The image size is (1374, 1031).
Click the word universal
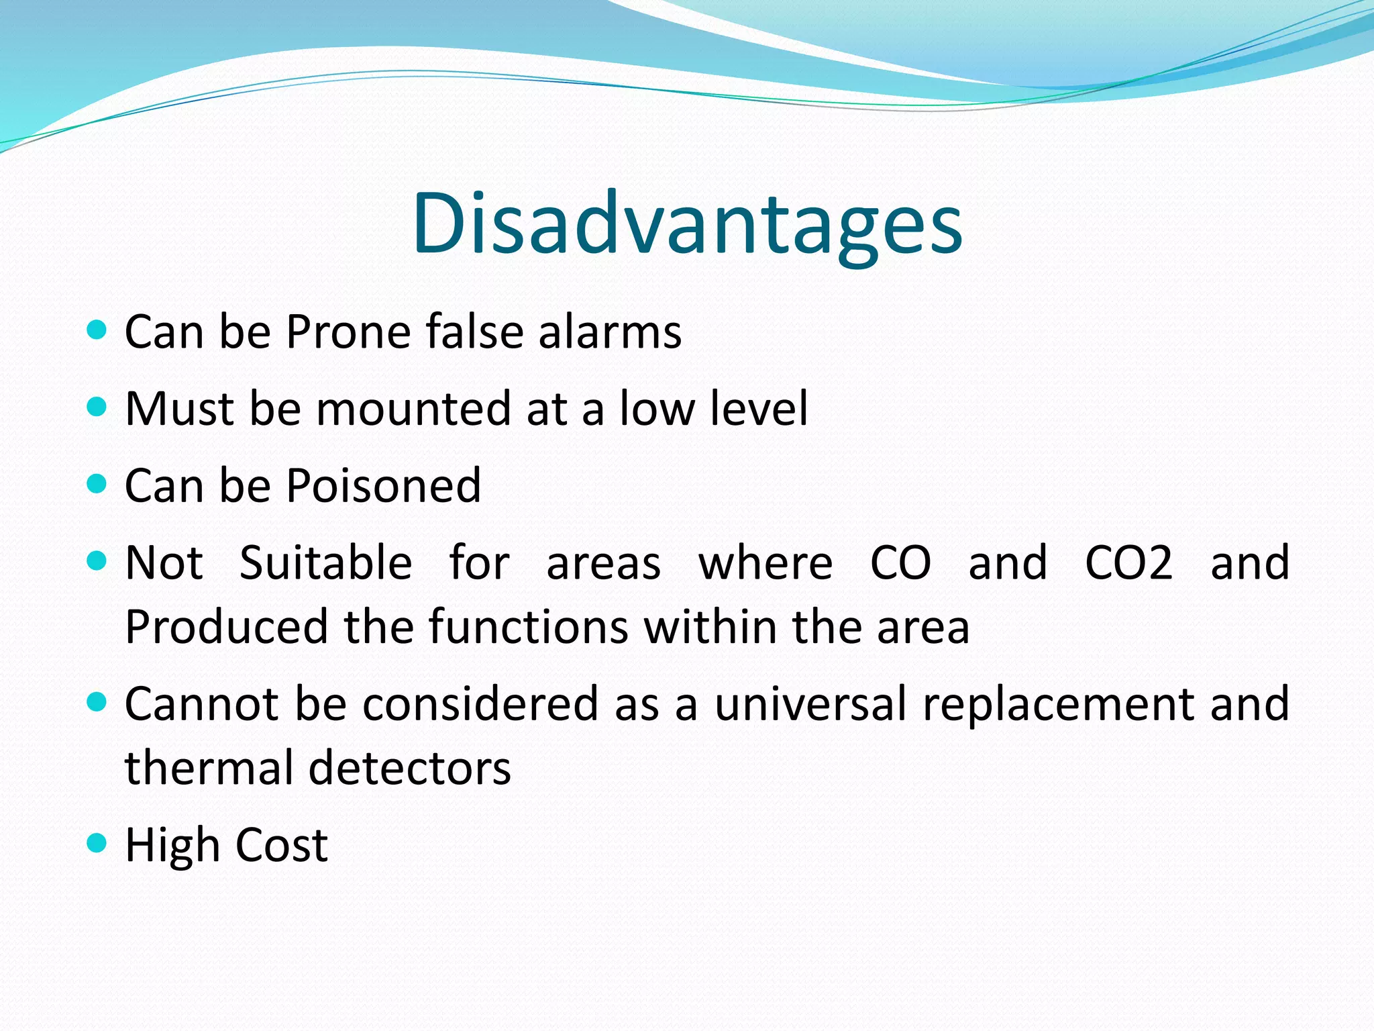coord(810,703)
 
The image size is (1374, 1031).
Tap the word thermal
coord(208,768)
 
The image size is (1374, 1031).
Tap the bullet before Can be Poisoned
coord(97,483)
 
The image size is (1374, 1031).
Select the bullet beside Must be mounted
coord(97,406)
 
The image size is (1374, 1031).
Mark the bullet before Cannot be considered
coord(97,702)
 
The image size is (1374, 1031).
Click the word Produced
coord(225,627)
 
